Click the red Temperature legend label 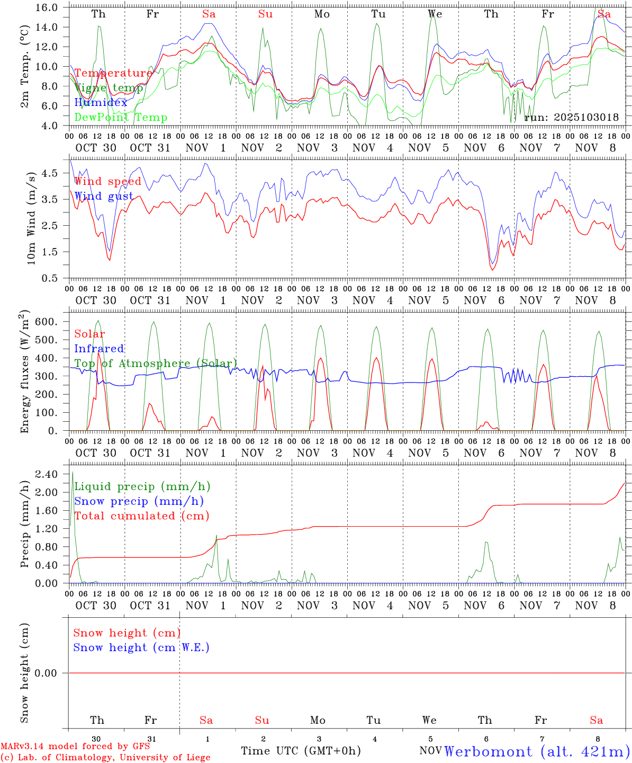(x=113, y=73)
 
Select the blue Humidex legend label (x=101, y=103)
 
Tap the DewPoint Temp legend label (x=121, y=117)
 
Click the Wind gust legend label (x=104, y=196)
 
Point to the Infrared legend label (x=99, y=349)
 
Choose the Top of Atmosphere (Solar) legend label (x=155, y=363)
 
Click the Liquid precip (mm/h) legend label (x=142, y=486)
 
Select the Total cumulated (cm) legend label (x=141, y=516)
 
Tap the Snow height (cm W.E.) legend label (x=141, y=647)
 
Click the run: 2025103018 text (x=571, y=117)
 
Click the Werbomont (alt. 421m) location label (x=537, y=751)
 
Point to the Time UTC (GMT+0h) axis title (x=301, y=751)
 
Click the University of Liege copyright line (x=105, y=758)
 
